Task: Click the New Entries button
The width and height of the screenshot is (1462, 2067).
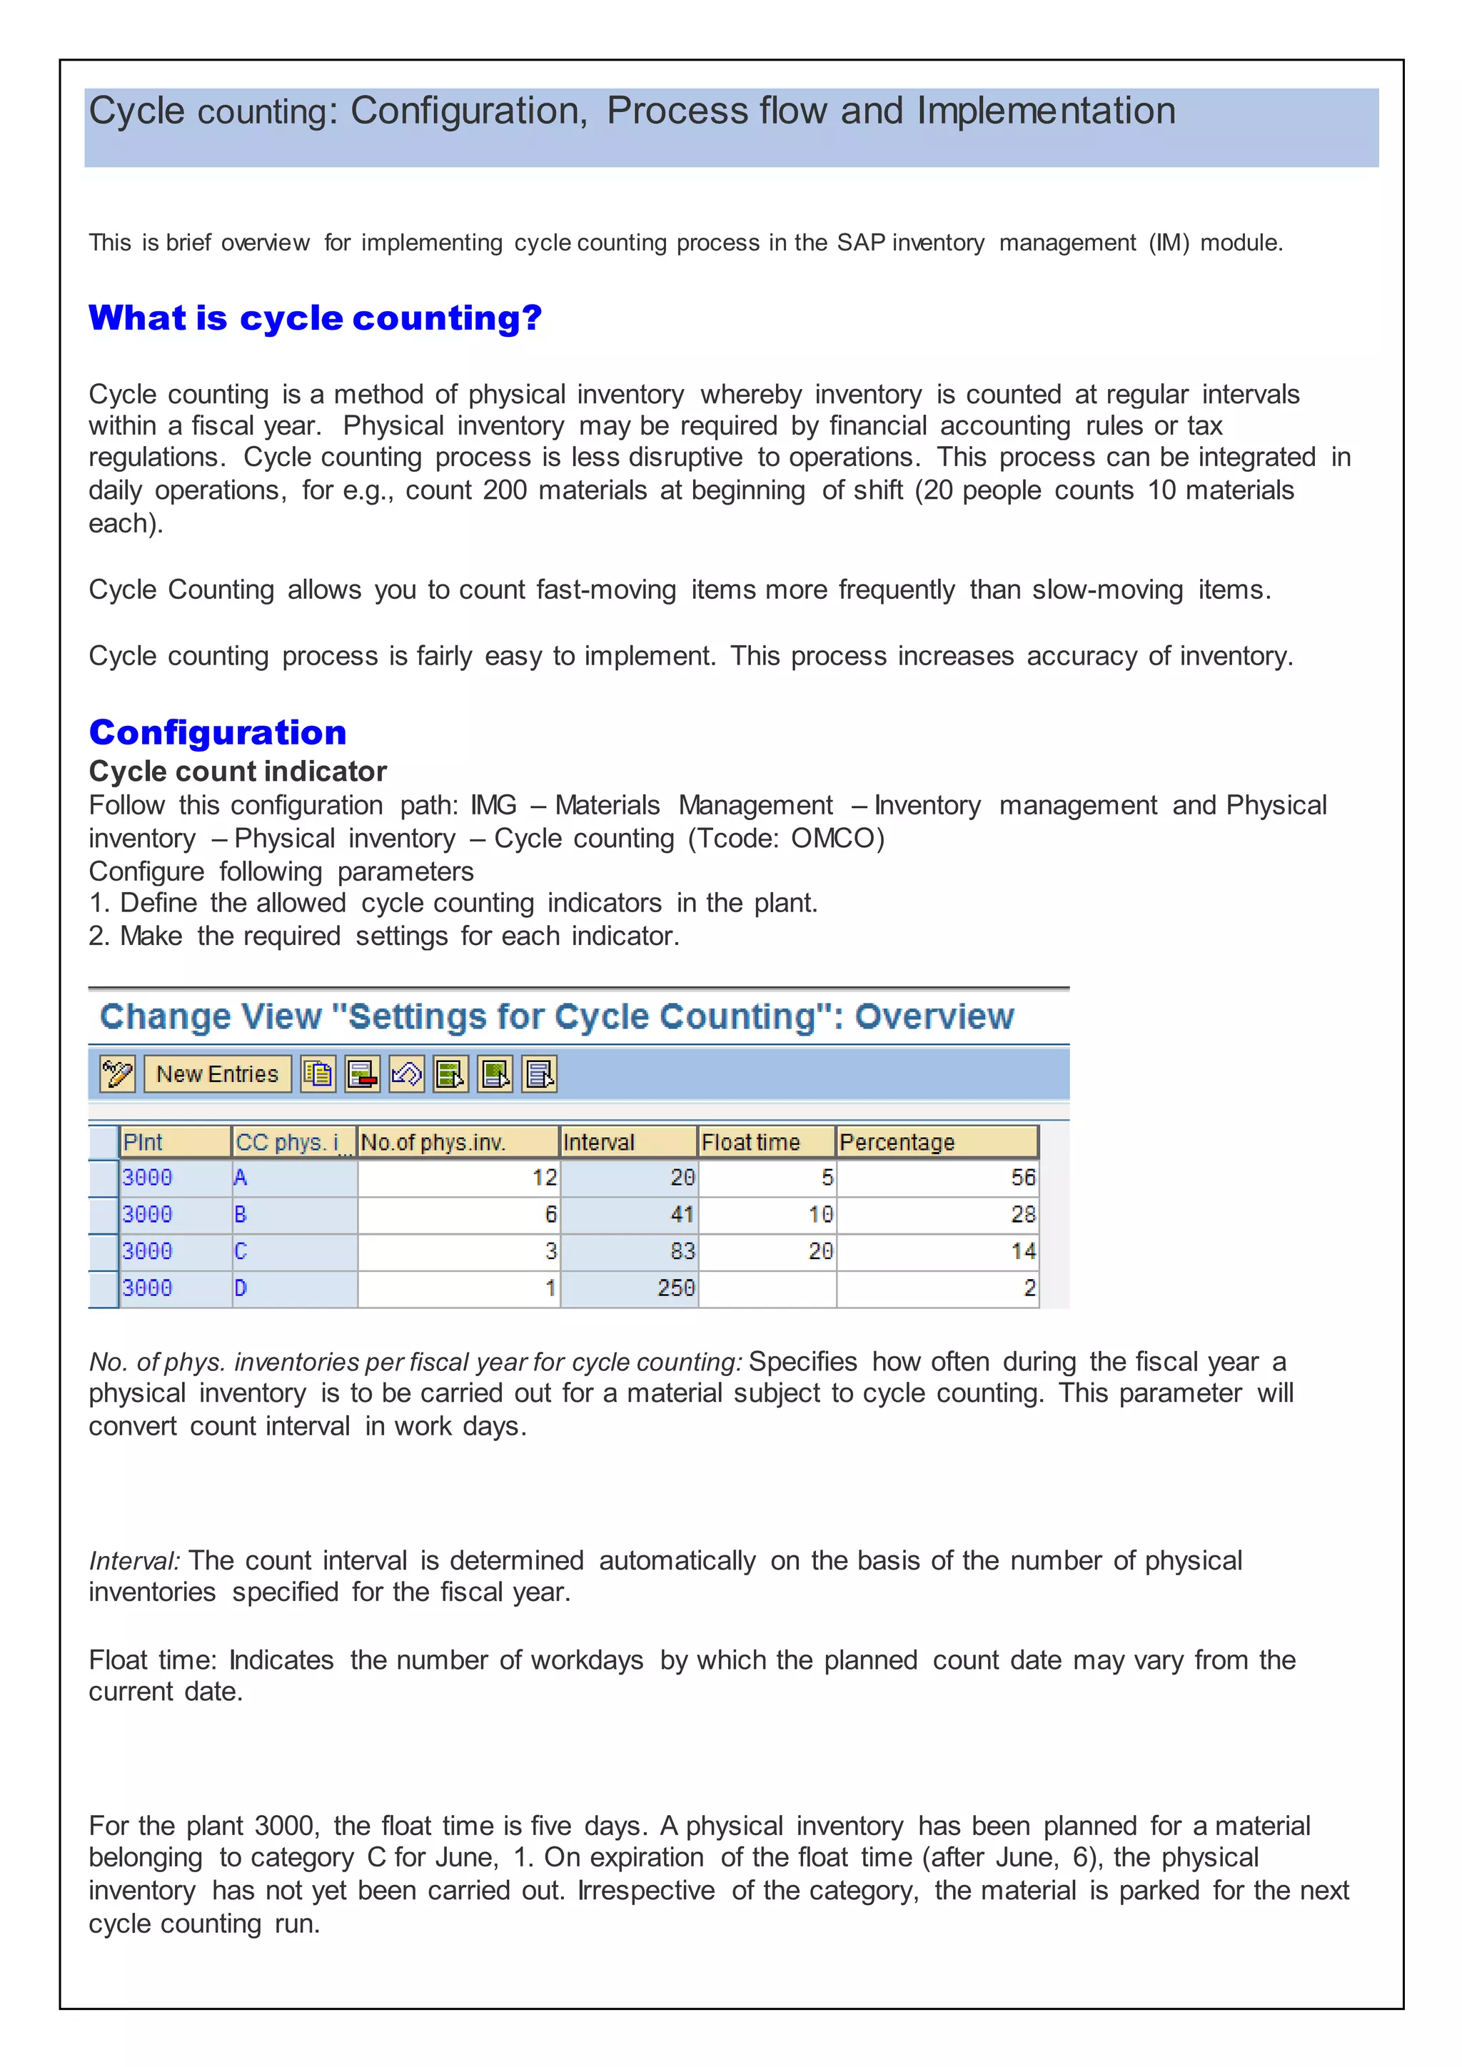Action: tap(217, 1074)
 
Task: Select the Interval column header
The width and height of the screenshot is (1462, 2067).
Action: tap(627, 1143)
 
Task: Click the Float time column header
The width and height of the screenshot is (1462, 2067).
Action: tap(766, 1143)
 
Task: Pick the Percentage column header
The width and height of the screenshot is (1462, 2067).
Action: tap(937, 1143)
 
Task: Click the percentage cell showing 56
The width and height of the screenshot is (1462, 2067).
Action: tap(937, 1178)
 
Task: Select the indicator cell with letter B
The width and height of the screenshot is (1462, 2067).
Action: tap(293, 1215)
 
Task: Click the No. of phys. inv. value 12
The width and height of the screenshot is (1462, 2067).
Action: tap(458, 1178)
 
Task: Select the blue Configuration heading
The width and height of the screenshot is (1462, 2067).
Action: tap(218, 733)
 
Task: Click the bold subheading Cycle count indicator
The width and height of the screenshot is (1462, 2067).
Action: tap(238, 772)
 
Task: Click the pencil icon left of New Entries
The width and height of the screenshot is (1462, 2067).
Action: tap(118, 1074)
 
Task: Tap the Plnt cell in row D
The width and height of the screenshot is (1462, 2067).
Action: tap(175, 1288)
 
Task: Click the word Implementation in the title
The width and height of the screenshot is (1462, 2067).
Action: tap(1045, 111)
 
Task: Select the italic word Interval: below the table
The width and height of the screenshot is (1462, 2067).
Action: tap(135, 1561)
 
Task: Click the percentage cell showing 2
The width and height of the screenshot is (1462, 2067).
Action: tap(937, 1288)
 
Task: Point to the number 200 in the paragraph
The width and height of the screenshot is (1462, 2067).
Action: tap(504, 490)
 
